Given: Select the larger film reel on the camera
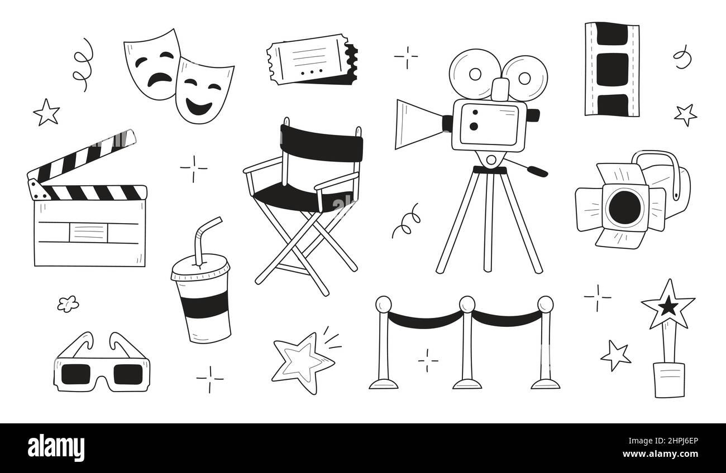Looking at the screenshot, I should [475, 74].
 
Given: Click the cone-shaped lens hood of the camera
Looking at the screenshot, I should [418, 124].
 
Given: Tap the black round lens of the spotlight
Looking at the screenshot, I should [624, 206].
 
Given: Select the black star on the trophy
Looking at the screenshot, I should [668, 306].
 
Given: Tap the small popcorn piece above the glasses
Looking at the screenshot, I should [68, 303].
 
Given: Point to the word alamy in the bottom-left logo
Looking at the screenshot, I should [56, 448].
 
